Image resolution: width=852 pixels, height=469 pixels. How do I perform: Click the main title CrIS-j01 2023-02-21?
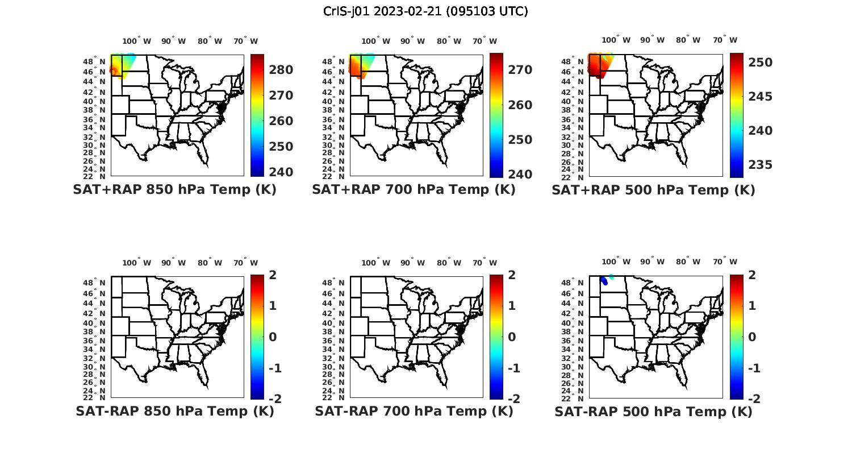[x=425, y=11]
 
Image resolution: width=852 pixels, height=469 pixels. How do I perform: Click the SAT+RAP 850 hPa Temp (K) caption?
[x=174, y=190]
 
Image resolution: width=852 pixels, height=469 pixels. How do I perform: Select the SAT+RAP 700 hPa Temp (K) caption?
[x=414, y=190]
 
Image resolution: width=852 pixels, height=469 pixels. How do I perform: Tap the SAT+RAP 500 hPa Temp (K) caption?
[x=653, y=190]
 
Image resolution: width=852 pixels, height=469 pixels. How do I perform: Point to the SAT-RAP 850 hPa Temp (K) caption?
[x=174, y=411]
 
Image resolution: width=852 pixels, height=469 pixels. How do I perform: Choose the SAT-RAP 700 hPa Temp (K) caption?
[x=414, y=411]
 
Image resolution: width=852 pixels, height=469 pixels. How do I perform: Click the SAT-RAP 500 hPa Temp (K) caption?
[x=653, y=411]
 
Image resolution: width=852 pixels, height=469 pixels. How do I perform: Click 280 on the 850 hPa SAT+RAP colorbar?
[x=281, y=70]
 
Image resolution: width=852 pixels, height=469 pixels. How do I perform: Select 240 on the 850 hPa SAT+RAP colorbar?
[x=281, y=172]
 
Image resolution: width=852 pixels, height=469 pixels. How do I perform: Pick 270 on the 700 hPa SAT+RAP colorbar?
[x=520, y=70]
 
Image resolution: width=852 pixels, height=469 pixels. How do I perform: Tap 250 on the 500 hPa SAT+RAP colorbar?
[x=760, y=63]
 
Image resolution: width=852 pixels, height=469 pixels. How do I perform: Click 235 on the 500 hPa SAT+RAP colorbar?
[x=760, y=165]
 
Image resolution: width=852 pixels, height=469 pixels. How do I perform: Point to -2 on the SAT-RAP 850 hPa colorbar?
[x=274, y=399]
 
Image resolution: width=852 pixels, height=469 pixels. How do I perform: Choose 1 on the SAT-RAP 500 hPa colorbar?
[x=753, y=306]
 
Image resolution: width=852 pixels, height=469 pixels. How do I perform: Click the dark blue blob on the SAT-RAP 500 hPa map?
[x=604, y=280]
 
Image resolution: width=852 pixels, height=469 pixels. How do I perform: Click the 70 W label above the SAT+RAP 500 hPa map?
[x=725, y=40]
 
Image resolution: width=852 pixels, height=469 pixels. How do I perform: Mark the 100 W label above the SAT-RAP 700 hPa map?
[x=375, y=263]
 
